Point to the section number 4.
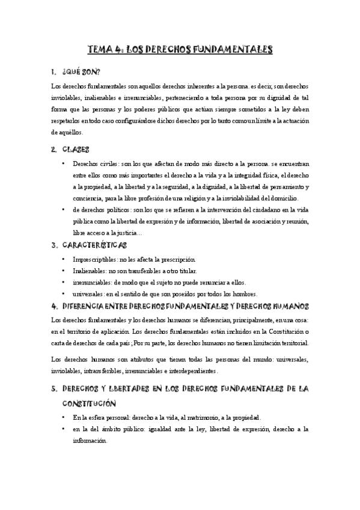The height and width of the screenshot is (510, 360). click(x=55, y=306)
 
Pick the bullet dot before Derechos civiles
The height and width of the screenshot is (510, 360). click(x=63, y=164)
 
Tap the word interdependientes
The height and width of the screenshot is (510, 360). click(x=188, y=371)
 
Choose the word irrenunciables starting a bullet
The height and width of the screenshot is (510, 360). click(x=94, y=283)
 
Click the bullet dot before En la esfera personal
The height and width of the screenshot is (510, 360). click(x=63, y=417)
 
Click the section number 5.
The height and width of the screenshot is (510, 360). click(x=55, y=389)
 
